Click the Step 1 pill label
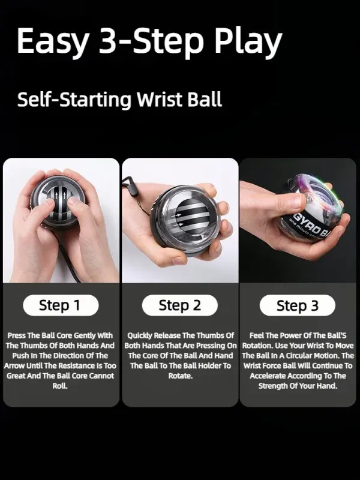[59, 305]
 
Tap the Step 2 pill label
[179, 305]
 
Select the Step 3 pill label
[298, 306]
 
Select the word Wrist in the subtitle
[157, 99]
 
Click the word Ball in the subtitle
[204, 99]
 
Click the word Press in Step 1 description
[17, 335]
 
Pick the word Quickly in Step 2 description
[142, 335]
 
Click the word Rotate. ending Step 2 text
[180, 376]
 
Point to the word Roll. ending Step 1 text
[60, 386]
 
